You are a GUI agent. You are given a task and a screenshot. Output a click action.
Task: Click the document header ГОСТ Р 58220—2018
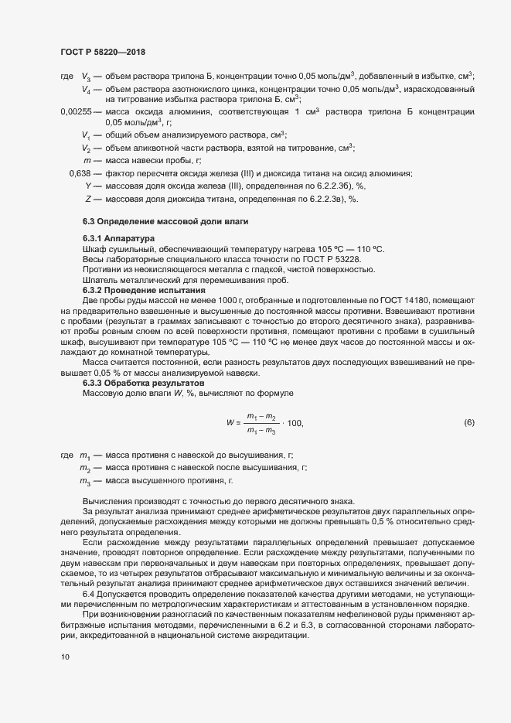point(103,53)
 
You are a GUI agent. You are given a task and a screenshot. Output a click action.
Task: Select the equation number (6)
point(468,422)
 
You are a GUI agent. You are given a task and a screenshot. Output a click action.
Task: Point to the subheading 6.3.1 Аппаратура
point(118,238)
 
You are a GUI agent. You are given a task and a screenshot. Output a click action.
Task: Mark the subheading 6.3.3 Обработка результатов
point(142,383)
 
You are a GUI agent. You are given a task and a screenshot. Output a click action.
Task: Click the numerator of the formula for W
point(262,417)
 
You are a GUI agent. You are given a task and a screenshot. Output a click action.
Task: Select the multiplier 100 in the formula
point(294,423)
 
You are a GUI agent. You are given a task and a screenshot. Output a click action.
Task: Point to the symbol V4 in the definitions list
point(87,90)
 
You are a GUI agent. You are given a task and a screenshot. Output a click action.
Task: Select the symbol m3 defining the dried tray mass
point(85,481)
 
